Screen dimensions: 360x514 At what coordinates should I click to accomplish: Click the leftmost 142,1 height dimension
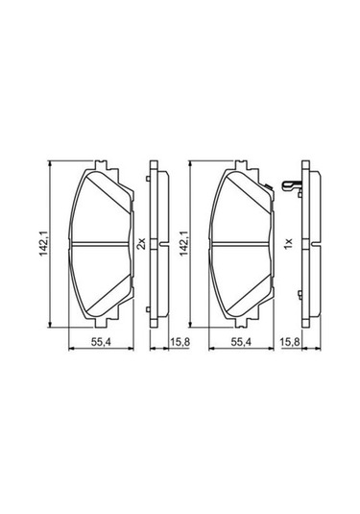[43, 244]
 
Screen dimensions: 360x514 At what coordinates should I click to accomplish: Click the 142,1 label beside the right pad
[183, 244]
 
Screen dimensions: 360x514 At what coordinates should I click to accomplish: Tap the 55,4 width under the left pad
[101, 342]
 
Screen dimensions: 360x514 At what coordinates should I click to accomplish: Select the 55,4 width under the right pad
[241, 342]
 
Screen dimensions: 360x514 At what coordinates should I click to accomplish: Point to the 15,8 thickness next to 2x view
[180, 342]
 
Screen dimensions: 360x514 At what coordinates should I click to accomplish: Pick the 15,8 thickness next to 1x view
[290, 342]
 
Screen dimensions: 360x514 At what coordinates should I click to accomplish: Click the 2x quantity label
[141, 244]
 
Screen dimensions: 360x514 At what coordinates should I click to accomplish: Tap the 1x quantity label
[288, 244]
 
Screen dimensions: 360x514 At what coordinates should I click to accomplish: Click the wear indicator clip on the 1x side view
[292, 186]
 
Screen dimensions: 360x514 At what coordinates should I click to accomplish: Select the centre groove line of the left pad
[100, 243]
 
